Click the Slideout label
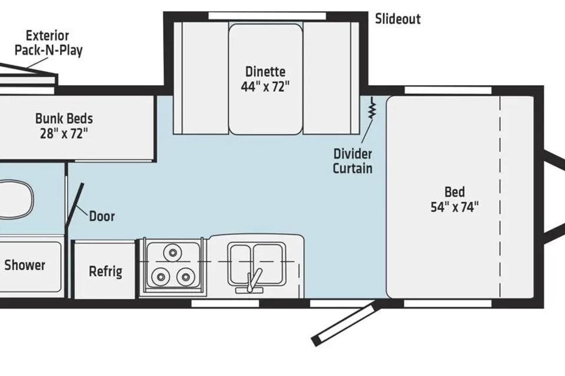[x=398, y=19]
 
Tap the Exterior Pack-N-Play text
[x=48, y=43]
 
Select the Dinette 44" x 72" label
[x=265, y=79]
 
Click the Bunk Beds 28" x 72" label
[x=64, y=126]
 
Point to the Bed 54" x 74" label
[x=455, y=199]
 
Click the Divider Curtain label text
[x=353, y=161]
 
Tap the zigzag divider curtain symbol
[x=372, y=108]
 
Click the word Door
[x=102, y=216]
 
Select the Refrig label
[x=105, y=271]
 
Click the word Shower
[x=25, y=265]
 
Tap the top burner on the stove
[x=172, y=252]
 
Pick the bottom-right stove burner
[x=185, y=277]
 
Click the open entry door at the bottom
[x=345, y=324]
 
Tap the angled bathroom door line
[x=74, y=206]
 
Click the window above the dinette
[x=267, y=16]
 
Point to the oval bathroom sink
[x=16, y=199]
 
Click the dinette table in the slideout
[x=265, y=79]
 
